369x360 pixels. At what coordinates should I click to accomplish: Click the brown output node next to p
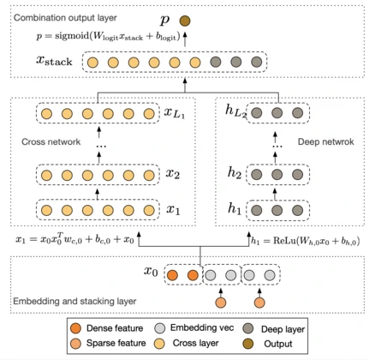click(185, 21)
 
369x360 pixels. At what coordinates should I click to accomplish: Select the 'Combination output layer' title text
click(65, 18)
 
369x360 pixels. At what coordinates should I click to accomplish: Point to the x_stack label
click(54, 61)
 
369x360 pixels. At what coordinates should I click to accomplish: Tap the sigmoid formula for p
click(109, 37)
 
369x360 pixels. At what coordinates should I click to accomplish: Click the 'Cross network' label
click(51, 141)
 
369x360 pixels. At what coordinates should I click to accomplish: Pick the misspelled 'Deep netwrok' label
click(326, 141)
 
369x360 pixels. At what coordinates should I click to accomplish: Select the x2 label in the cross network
click(173, 174)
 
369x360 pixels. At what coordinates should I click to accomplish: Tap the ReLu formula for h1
click(306, 241)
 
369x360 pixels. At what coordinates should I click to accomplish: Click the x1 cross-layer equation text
click(74, 239)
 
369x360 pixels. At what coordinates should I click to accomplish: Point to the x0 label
click(151, 271)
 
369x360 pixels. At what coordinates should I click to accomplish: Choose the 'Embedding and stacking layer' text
click(74, 301)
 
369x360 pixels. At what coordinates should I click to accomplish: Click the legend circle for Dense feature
click(75, 328)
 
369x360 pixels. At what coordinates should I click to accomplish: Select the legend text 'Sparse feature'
click(116, 343)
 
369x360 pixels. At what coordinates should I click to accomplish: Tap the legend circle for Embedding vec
click(160, 328)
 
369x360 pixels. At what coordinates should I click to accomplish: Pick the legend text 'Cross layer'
click(195, 343)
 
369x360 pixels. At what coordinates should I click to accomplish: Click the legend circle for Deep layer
click(248, 328)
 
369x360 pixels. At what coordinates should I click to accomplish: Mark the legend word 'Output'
click(278, 344)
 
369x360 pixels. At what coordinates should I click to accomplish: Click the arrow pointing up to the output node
click(185, 39)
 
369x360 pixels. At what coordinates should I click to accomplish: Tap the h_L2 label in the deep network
click(235, 111)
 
